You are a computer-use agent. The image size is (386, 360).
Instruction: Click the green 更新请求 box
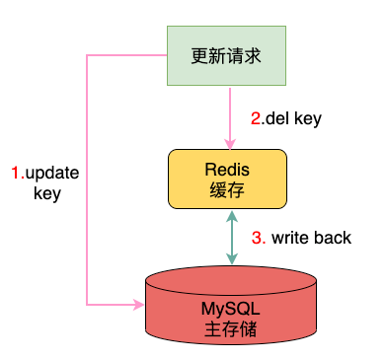(226, 56)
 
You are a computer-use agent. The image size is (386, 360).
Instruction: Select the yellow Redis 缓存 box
(227, 180)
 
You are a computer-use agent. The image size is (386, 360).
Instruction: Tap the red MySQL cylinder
(231, 305)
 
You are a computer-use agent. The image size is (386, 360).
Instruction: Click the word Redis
(227, 170)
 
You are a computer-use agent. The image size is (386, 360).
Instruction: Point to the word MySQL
(230, 309)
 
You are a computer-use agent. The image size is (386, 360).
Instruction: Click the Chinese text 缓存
(227, 190)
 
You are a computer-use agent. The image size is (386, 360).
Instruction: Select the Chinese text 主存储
(230, 329)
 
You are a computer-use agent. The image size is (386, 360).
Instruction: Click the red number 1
(16, 173)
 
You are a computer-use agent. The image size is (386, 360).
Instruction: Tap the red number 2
(256, 118)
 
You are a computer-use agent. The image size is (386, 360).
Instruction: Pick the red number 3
(257, 238)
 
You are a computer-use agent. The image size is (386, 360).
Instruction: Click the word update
(52, 173)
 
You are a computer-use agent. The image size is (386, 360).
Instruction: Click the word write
(290, 238)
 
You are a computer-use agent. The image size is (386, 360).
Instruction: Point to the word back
(333, 238)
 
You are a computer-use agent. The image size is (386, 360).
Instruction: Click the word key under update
(47, 194)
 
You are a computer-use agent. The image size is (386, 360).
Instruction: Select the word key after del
(308, 119)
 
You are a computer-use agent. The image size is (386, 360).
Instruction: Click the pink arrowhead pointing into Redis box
(230, 144)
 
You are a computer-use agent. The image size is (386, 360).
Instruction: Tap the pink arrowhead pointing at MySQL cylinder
(138, 305)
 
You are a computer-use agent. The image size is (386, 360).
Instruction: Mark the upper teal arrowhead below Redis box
(232, 216)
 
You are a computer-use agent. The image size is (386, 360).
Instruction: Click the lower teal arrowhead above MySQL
(232, 258)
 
